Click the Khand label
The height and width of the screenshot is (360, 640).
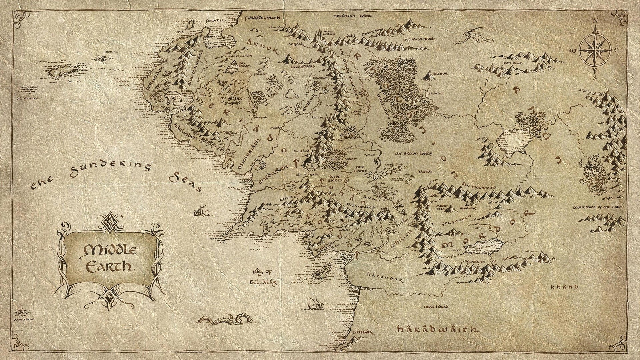click(x=569, y=287)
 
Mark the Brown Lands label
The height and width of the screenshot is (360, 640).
click(x=413, y=154)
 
